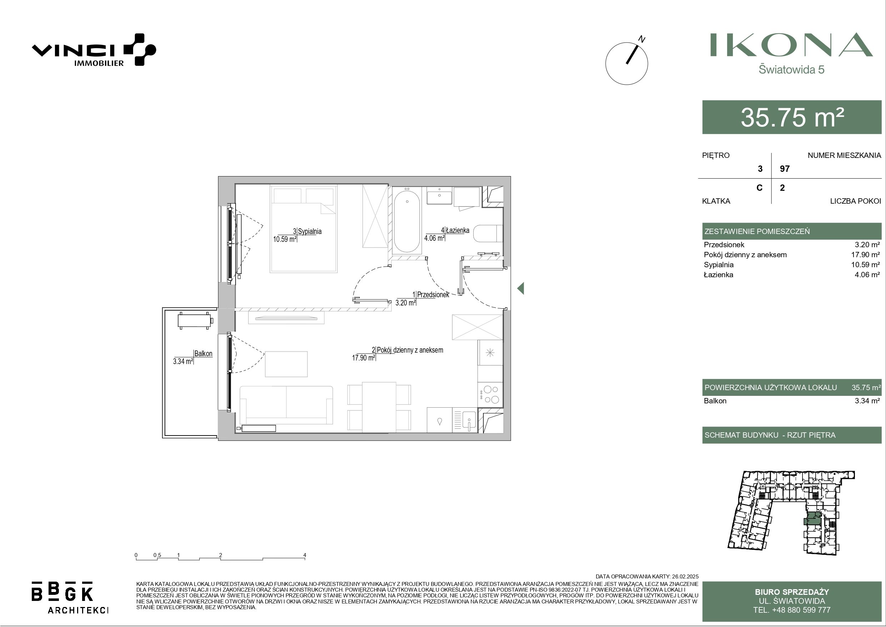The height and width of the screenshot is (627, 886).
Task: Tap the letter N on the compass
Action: [642, 39]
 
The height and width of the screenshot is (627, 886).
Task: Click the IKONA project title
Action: [791, 45]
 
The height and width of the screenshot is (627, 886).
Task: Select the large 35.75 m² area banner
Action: [792, 117]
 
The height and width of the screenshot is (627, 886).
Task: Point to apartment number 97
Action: [785, 169]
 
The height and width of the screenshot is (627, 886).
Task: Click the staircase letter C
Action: [759, 188]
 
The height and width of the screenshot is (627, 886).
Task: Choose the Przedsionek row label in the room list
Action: [724, 244]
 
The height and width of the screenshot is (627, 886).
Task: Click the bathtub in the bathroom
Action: [407, 222]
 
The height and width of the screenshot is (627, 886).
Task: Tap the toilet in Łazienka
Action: [488, 233]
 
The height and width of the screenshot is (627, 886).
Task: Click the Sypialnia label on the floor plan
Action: [309, 232]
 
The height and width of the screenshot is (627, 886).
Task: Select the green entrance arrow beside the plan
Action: [520, 288]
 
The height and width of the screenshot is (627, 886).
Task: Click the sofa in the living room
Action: [286, 405]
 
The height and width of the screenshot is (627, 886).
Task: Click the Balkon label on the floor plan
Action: [203, 353]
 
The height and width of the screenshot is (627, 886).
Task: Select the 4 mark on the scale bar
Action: [305, 555]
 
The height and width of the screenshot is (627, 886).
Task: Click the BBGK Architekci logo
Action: [70, 597]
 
